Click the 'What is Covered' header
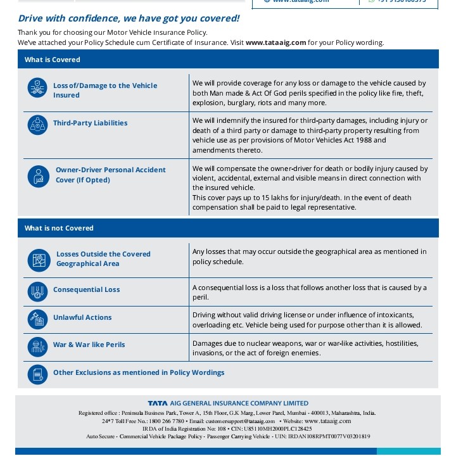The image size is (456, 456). (x=53, y=60)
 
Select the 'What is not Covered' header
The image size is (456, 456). (x=59, y=228)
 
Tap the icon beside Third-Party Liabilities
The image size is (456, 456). (x=38, y=125)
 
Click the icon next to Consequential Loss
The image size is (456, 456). (x=38, y=291)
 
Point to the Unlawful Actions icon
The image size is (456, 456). (x=38, y=319)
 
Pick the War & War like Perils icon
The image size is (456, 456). (x=38, y=346)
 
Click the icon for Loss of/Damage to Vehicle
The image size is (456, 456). (x=38, y=88)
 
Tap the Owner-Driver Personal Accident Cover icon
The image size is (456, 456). (x=38, y=176)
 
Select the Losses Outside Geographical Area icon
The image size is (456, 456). (x=38, y=260)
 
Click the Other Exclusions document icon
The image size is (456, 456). (x=38, y=374)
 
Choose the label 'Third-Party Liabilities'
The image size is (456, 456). (x=90, y=123)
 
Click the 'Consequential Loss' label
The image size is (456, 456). (x=86, y=289)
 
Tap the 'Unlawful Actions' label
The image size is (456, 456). (x=82, y=317)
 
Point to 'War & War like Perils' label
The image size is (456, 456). (x=89, y=345)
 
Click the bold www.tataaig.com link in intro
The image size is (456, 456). (x=275, y=42)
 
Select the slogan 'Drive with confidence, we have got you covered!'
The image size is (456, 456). (x=129, y=18)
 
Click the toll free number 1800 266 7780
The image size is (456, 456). (x=165, y=421)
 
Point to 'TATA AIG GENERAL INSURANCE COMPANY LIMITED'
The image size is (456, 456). (x=228, y=403)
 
